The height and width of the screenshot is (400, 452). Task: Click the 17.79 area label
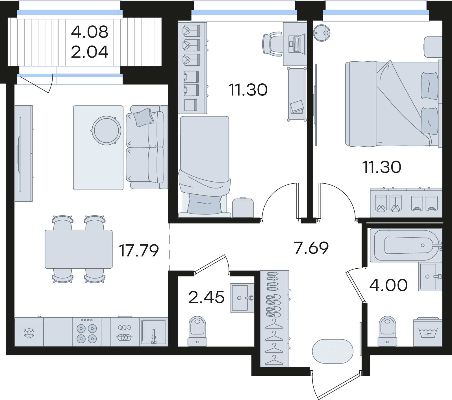point(139,251)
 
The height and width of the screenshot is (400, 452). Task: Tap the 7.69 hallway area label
point(311,248)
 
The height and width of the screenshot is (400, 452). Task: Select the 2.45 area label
point(206,297)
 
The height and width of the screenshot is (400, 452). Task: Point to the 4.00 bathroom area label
point(388,285)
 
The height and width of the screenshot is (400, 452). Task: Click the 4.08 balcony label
point(90,32)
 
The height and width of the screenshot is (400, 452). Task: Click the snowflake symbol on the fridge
point(29,332)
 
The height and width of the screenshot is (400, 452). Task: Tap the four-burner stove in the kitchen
point(87,332)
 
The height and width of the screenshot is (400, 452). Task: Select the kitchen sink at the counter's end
point(153,332)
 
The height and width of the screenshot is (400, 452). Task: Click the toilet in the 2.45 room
point(197,331)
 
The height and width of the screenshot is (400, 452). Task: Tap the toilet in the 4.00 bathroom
point(388,331)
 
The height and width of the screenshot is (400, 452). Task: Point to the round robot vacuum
point(322,33)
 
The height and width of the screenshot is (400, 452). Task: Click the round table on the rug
point(107,131)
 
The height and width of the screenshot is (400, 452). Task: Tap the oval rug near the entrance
point(333,351)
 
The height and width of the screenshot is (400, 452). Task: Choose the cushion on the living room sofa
point(144,117)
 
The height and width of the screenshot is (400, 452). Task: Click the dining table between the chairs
point(79,249)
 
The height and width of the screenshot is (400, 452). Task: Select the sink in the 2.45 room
point(242,298)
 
